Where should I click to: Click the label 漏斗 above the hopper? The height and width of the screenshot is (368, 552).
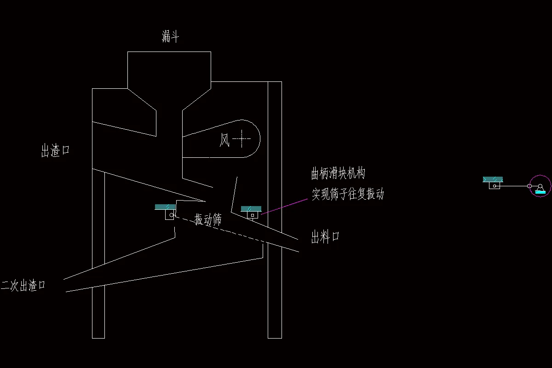click(x=170, y=37)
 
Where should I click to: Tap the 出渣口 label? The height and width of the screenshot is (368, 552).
click(x=55, y=150)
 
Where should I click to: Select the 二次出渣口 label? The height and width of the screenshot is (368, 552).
click(x=23, y=286)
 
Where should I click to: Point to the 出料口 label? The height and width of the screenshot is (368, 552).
click(x=325, y=237)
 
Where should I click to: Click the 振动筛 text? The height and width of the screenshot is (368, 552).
click(x=208, y=219)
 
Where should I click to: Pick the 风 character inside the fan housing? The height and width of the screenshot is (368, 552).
click(x=224, y=139)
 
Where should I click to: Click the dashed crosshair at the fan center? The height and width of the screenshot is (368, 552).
click(x=242, y=138)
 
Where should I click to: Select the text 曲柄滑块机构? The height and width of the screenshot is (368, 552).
click(x=338, y=174)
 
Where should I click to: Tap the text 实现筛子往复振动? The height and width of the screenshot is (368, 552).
click(x=348, y=194)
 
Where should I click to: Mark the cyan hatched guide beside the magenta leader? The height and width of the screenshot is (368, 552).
click(x=251, y=208)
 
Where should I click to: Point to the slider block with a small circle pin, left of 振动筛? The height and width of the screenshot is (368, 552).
click(x=170, y=214)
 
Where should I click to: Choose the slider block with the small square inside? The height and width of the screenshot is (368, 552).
click(x=253, y=215)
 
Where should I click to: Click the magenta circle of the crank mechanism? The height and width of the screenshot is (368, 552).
click(x=540, y=186)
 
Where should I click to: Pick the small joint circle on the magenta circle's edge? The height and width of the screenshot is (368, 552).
click(x=529, y=186)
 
